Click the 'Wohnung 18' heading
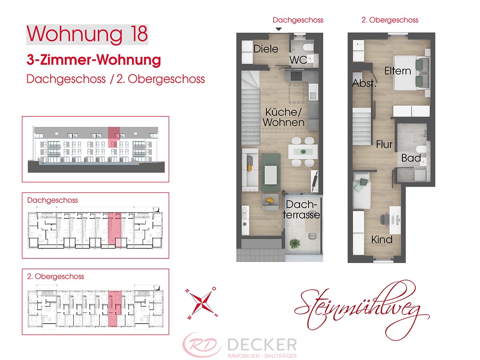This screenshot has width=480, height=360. pos(87,34)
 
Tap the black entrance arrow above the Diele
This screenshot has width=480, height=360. pos(278,29)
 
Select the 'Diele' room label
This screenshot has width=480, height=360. pos(266,49)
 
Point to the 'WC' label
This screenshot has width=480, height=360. pos(298,60)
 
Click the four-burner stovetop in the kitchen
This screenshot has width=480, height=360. pos(296,76)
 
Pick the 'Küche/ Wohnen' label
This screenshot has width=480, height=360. pos(284,117)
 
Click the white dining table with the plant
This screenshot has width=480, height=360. pos(303,152)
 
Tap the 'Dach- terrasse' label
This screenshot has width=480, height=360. pos(301,210)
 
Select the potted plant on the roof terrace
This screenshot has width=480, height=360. pos(294,244)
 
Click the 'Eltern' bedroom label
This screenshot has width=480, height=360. pos(398,71)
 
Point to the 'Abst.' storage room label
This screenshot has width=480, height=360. pos(364,83)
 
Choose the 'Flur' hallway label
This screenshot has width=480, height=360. pos(384,144)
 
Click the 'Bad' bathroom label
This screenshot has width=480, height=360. pos(411,158)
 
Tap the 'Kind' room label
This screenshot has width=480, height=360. pos(382,240)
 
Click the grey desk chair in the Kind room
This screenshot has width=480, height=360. pos(384,220)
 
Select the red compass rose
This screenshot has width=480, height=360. pos(201,303)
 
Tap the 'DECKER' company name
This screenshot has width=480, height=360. pos(262,345)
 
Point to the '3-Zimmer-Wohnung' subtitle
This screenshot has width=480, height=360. pos(94,60)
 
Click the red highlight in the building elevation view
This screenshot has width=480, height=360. pos(114,137)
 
